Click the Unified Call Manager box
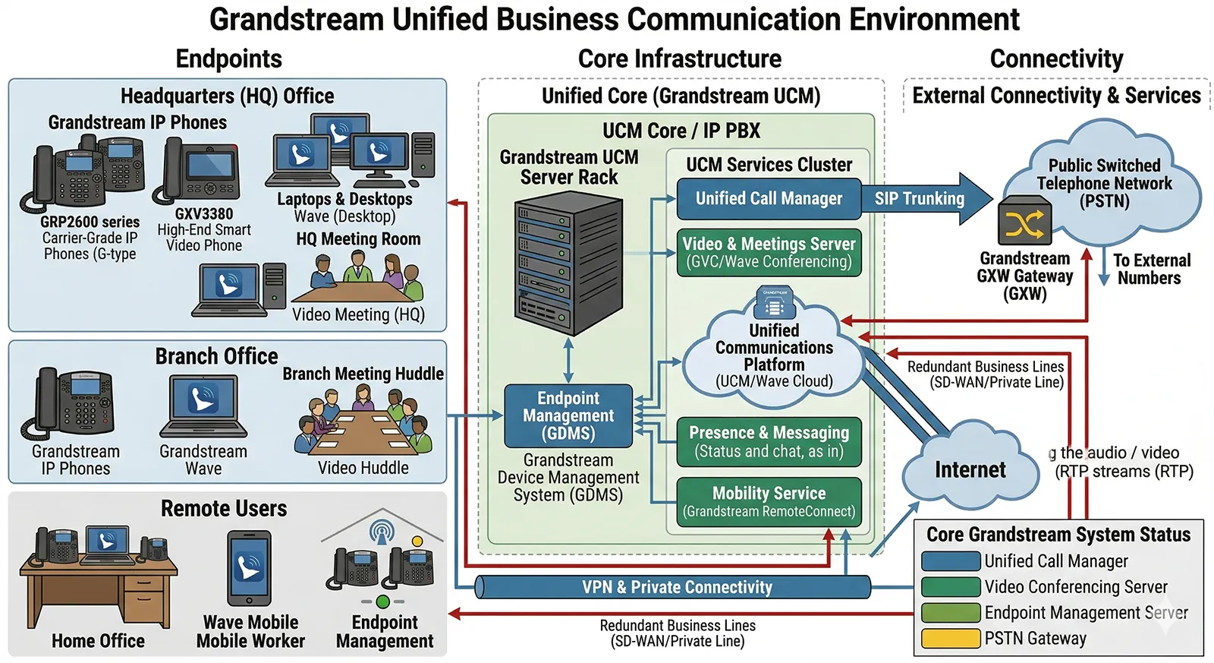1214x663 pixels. tap(769, 199)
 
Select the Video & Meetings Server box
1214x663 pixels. tap(769, 252)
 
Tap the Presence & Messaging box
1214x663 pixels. tap(769, 441)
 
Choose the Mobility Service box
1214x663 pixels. tap(769, 501)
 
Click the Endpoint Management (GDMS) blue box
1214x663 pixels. tap(568, 415)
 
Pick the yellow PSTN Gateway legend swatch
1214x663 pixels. tap(950, 639)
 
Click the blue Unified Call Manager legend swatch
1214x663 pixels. tap(950, 561)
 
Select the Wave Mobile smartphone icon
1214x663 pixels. tap(249, 568)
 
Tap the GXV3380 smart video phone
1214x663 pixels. tap(199, 172)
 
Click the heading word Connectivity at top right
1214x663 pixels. tap(1056, 58)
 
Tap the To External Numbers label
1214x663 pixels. tap(1150, 269)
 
